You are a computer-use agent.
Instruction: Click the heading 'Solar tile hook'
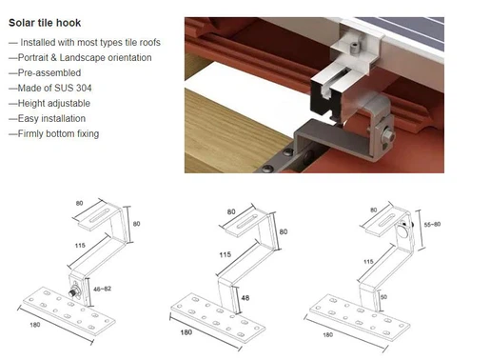click(x=44, y=22)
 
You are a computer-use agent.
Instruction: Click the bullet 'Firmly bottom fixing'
click(x=57, y=133)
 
